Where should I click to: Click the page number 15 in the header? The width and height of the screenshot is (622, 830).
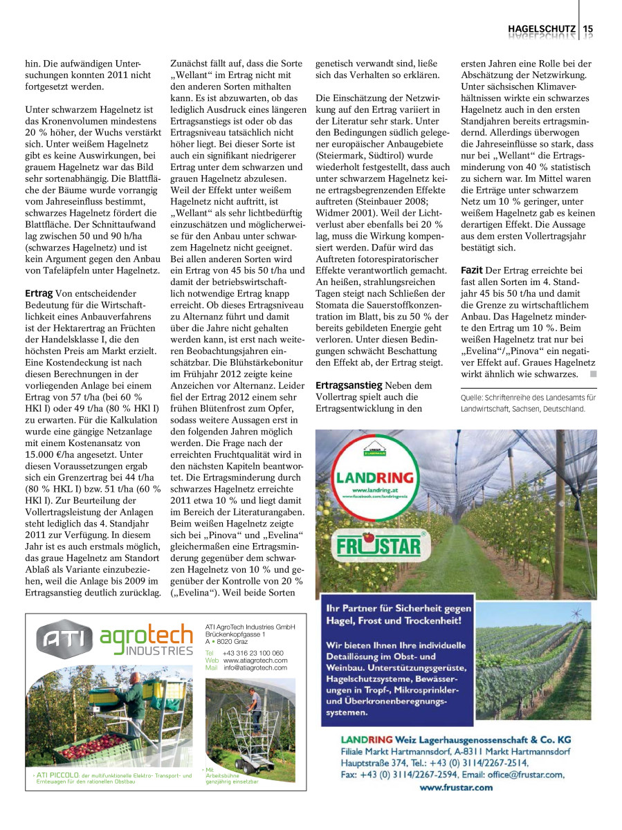click(588, 28)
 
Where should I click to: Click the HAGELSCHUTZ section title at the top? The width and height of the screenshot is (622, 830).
click(542, 28)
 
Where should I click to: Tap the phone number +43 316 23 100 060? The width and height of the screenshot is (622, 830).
click(253, 653)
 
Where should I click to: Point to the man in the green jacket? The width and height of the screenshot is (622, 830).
click(136, 705)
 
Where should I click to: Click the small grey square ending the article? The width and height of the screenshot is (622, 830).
click(592, 374)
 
